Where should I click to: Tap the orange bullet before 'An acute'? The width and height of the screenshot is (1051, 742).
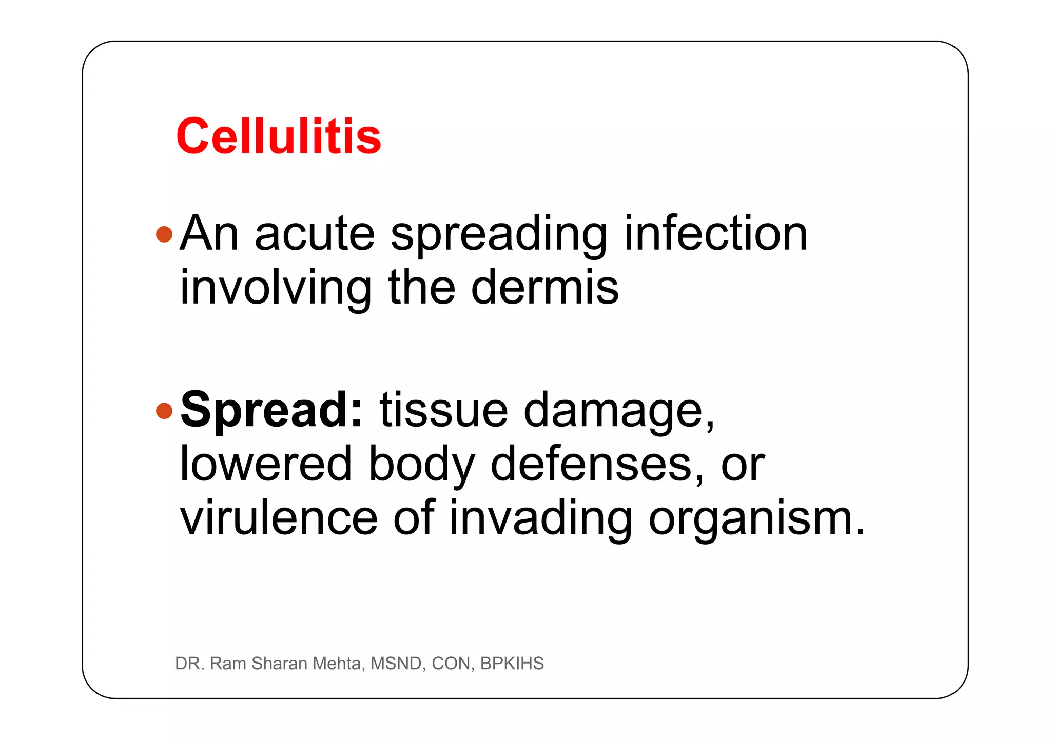click(x=164, y=234)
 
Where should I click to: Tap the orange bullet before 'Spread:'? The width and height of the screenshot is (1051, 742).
click(x=164, y=411)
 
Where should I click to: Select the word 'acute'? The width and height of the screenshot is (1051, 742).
click(x=315, y=234)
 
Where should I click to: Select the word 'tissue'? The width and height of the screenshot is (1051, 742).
click(x=443, y=410)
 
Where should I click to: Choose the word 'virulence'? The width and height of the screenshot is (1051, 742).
click(x=279, y=518)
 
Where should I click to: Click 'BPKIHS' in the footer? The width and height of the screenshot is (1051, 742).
click(x=512, y=664)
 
